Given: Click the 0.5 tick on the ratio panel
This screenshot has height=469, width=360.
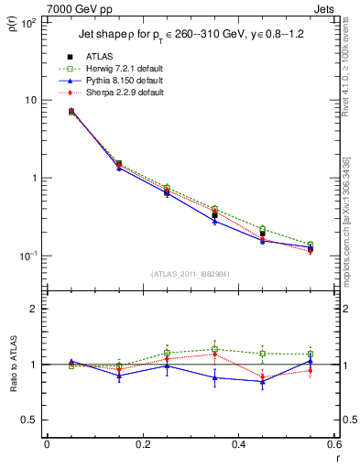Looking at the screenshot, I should point(28,420).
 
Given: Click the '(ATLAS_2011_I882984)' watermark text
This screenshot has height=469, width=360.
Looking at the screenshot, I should point(191,273).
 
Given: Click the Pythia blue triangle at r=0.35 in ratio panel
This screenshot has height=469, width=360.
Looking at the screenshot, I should point(214,377).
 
